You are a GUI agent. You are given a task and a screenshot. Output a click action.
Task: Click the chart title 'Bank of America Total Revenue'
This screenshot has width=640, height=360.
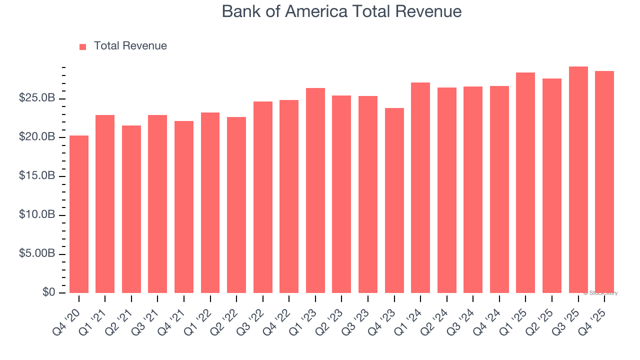click(x=341, y=11)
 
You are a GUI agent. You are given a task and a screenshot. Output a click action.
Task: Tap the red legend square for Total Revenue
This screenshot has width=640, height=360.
click(x=83, y=46)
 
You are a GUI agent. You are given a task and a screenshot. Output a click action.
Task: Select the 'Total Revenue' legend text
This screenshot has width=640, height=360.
click(x=130, y=46)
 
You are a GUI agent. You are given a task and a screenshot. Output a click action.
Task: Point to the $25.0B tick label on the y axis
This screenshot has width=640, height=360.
click(x=37, y=98)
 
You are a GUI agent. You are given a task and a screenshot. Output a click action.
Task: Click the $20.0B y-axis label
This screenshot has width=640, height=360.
click(x=37, y=137)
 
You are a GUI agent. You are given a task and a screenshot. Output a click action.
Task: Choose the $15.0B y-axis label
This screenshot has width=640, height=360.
click(x=37, y=176)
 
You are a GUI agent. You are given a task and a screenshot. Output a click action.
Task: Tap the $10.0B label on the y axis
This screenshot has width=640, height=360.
click(x=37, y=215)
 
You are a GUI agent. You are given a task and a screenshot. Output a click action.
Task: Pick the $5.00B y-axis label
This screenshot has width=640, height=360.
click(x=37, y=254)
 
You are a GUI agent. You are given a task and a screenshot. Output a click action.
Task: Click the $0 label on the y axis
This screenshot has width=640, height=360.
click(x=48, y=292)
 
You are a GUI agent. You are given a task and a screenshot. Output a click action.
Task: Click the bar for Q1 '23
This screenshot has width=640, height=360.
click(x=315, y=190)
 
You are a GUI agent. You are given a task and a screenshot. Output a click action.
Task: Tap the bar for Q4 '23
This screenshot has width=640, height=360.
click(x=394, y=200)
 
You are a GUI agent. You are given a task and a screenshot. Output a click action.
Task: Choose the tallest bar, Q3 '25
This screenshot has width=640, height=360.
click(x=578, y=179)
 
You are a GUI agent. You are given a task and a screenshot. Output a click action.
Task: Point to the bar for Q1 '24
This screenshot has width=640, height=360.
click(x=420, y=187)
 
